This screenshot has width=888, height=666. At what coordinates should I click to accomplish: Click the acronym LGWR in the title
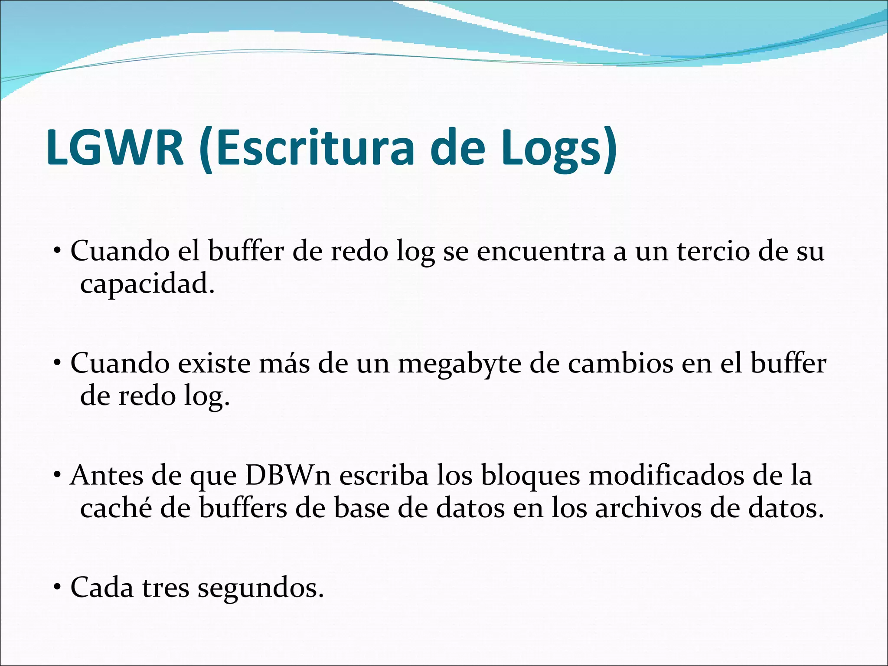pyautogui.click(x=115, y=147)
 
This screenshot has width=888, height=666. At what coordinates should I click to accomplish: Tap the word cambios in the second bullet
pyautogui.click(x=620, y=363)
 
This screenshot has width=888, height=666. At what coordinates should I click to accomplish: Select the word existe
pyautogui.click(x=214, y=363)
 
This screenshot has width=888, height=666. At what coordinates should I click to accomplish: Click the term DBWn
pyautogui.click(x=288, y=476)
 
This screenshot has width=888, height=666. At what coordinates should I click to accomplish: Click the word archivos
pyautogui.click(x=648, y=508)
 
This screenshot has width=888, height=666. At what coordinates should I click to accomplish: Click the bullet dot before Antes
pyautogui.click(x=57, y=476)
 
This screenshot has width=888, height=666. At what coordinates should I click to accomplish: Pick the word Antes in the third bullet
pyautogui.click(x=107, y=476)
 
